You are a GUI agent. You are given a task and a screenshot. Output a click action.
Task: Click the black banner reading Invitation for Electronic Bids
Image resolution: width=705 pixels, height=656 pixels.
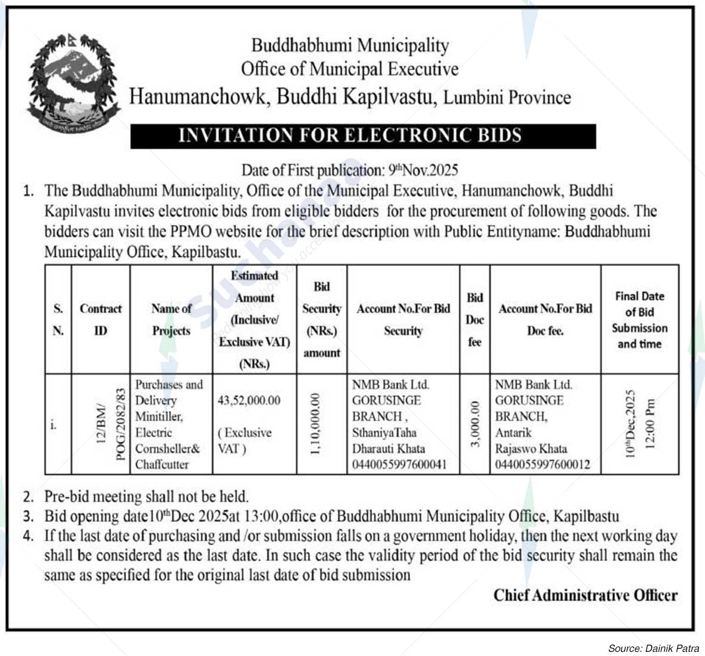pos(363,135)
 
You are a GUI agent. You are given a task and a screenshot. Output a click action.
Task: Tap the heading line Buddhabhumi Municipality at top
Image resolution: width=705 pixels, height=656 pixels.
pos(350,45)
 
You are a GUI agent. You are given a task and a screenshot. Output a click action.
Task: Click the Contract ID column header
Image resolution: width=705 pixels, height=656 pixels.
pos(100,319)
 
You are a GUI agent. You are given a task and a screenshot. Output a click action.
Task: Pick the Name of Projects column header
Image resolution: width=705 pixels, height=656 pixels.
pos(171,319)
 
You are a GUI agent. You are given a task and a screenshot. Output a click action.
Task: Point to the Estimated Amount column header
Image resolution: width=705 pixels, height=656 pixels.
pos(254,319)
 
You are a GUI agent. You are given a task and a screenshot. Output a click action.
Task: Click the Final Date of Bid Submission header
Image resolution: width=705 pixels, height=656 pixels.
pos(639,319)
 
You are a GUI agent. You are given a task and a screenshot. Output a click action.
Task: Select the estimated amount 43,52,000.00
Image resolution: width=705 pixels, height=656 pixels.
pos(249,401)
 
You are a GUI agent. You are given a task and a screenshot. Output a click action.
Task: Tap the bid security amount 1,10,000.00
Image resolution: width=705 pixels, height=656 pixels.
pos(316,423)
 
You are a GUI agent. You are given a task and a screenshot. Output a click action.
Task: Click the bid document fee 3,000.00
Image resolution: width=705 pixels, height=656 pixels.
pos(475,423)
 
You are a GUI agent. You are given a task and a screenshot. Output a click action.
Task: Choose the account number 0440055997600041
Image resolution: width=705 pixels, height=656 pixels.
pos(399,464)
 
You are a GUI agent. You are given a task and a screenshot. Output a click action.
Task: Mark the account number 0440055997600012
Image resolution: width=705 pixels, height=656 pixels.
pos(543,464)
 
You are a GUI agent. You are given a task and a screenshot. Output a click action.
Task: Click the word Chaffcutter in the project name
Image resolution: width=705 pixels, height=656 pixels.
pos(162,464)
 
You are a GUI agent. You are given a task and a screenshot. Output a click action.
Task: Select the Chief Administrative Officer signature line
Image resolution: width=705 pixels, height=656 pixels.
pos(585,595)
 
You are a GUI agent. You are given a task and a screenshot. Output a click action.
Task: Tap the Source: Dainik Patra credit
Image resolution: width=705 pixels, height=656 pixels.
pos(653,648)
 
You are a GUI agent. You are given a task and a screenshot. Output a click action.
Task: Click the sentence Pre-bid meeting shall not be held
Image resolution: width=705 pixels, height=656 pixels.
pos(146,496)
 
